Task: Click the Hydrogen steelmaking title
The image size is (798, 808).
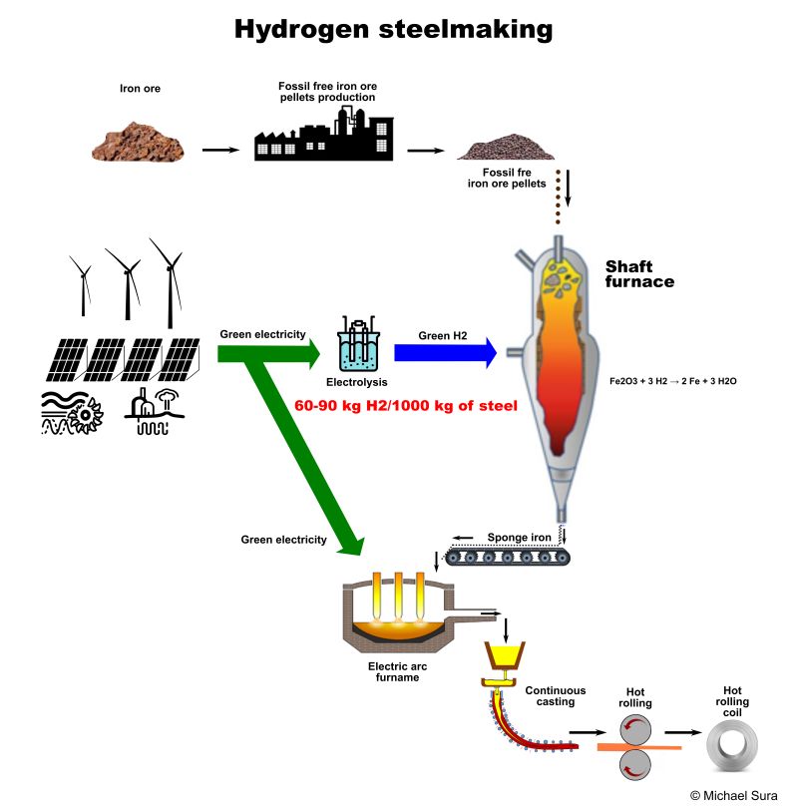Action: pyautogui.click(x=393, y=29)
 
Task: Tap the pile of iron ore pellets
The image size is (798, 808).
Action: pyautogui.click(x=507, y=148)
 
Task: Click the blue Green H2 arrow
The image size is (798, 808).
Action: pyautogui.click(x=444, y=352)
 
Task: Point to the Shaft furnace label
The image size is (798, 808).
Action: pyautogui.click(x=639, y=274)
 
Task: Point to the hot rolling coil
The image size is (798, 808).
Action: pyautogui.click(x=732, y=744)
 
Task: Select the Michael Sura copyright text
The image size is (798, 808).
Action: pyautogui.click(x=733, y=794)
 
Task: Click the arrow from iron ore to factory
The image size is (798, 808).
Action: pyautogui.click(x=220, y=150)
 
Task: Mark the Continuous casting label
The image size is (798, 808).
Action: pyautogui.click(x=555, y=696)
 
